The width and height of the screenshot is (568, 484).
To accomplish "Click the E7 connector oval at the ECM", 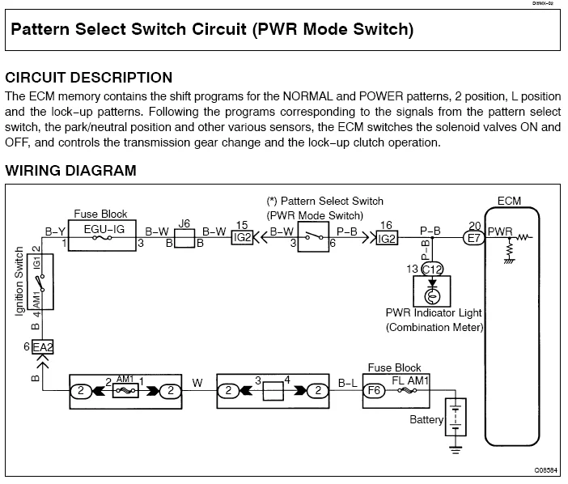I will click(471, 238).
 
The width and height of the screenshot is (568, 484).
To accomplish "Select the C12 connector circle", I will click(432, 269).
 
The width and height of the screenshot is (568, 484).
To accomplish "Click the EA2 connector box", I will click(42, 347).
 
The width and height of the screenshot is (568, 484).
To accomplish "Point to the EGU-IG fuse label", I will click(104, 229).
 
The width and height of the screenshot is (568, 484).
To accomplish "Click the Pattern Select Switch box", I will click(314, 239).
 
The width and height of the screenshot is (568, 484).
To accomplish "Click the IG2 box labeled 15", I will click(242, 238).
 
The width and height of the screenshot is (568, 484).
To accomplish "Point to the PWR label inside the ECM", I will click(500, 231).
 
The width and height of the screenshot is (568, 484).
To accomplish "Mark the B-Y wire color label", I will click(55, 231).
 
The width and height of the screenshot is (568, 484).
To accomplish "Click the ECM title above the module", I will click(511, 200).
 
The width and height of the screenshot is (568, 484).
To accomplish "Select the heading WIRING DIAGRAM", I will click(70, 171).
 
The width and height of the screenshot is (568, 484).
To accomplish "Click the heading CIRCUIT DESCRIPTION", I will click(88, 78).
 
